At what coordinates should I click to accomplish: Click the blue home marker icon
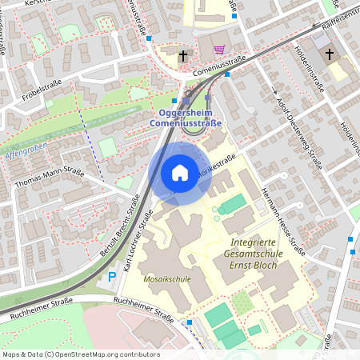pos(179,173)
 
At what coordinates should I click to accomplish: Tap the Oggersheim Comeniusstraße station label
pos(186,118)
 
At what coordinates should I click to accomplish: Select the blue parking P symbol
pos(111,277)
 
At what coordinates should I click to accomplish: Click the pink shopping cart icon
pos(218,50)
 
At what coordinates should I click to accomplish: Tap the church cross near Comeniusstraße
pos(183,56)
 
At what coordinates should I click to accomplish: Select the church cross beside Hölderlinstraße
pos(328,54)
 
